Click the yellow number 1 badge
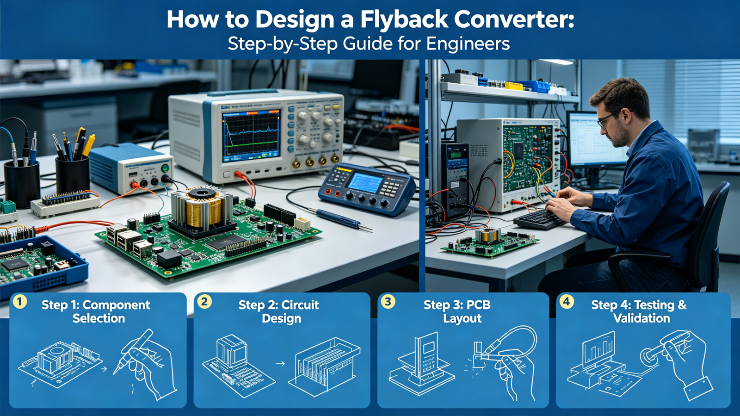(x=19, y=302)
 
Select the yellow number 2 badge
(x=204, y=302)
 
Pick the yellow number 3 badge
(x=388, y=302)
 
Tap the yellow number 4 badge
(x=566, y=302)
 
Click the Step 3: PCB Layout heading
(x=457, y=311)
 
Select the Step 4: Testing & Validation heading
(x=639, y=311)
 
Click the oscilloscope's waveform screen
(x=251, y=135)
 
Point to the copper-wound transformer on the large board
(x=202, y=208)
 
